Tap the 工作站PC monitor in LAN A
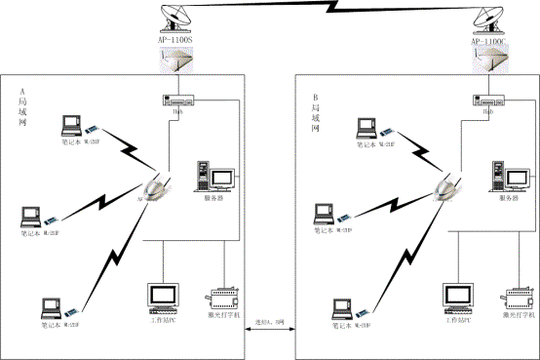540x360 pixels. pyautogui.click(x=161, y=296)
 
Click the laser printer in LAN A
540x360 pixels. pyautogui.click(x=224, y=297)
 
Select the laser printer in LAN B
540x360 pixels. pyautogui.click(x=517, y=297)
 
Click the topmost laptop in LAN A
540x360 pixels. pyautogui.click(x=71, y=125)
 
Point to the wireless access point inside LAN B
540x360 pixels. pyautogui.click(x=449, y=185)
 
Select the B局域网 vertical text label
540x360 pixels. pyautogui.click(x=315, y=112)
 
